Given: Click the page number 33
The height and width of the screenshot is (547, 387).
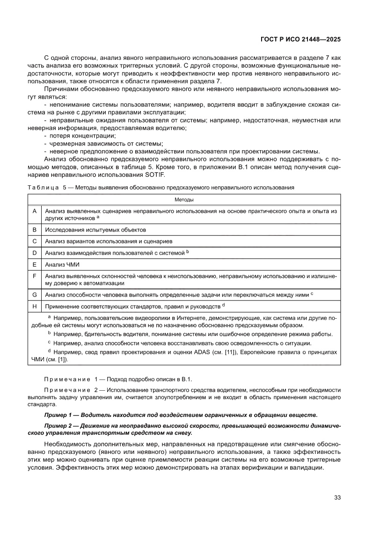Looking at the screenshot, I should (x=336, y=497).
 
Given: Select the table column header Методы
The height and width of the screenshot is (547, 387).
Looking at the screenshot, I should (x=184, y=199).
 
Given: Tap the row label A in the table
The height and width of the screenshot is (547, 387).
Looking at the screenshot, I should (x=34, y=212).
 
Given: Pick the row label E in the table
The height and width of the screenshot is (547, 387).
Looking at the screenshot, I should (x=34, y=264).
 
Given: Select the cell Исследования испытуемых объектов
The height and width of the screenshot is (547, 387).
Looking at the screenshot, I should (x=95, y=230).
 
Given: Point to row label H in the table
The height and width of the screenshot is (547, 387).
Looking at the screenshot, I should (x=34, y=306).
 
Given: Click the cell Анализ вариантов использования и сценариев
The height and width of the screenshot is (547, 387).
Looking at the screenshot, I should (x=109, y=241).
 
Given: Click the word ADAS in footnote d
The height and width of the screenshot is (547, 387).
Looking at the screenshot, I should (x=196, y=351).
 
